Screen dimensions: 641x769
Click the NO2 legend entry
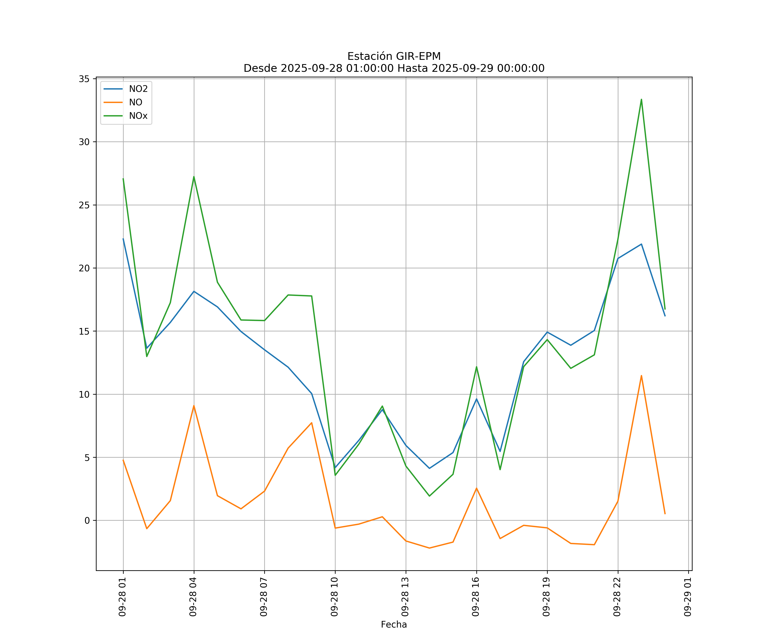click(138, 89)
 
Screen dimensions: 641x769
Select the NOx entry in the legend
click(138, 116)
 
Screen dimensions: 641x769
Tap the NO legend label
click(135, 103)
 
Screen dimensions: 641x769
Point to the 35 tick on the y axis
click(84, 79)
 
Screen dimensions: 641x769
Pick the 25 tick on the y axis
click(84, 205)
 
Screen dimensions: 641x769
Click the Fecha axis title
click(394, 625)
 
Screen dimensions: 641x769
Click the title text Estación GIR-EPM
click(394, 56)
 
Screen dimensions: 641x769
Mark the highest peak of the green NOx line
click(641, 99)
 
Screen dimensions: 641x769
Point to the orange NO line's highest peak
click(641, 375)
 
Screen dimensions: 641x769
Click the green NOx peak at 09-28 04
click(194, 176)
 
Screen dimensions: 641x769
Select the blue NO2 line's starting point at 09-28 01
click(123, 239)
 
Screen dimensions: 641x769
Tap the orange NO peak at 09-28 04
click(194, 406)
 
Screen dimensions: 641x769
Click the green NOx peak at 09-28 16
click(476, 367)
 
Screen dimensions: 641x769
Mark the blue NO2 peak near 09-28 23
click(641, 244)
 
